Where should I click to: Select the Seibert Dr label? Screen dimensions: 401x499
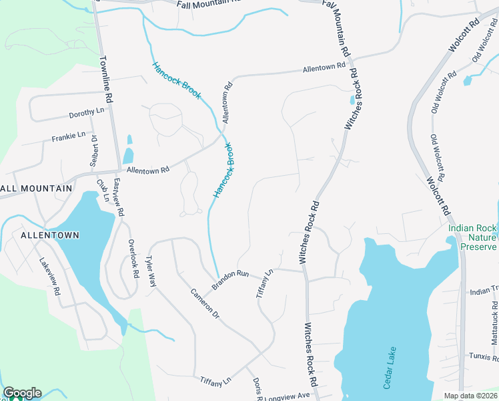94,151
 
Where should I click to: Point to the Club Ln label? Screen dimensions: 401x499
101,190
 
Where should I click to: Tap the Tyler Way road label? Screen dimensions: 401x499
151,272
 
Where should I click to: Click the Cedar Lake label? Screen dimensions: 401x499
390,368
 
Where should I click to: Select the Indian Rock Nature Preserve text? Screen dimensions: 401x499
473,237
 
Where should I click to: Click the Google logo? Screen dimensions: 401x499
22,393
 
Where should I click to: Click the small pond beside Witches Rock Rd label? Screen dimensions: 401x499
352,100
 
